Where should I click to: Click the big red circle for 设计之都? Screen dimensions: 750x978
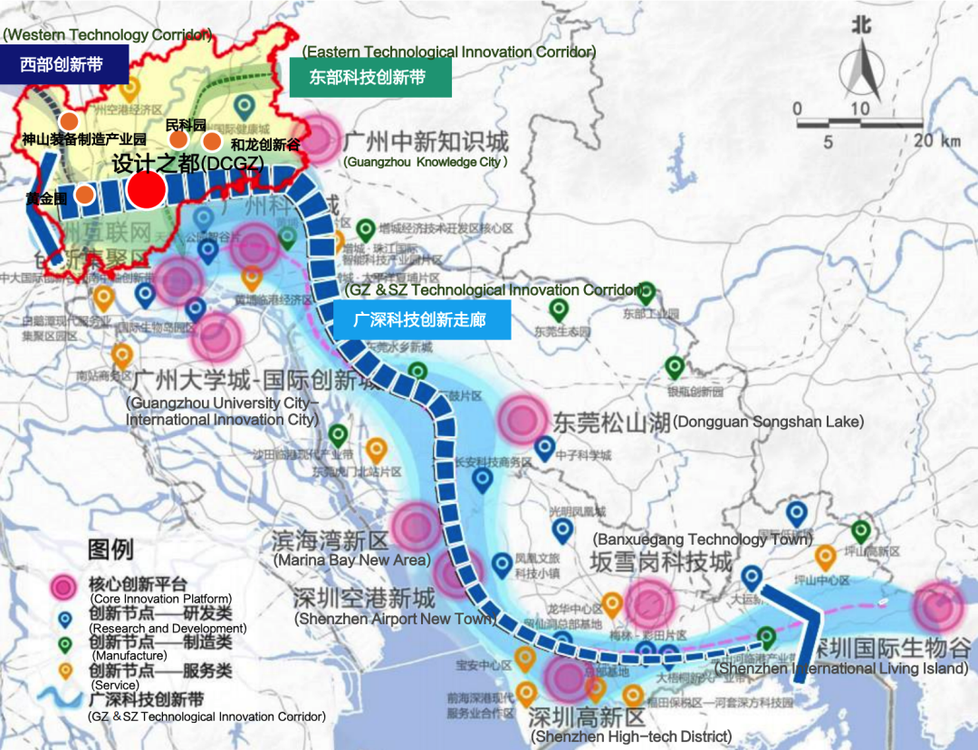[x=147, y=190]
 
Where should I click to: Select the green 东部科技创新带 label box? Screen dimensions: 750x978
[x=369, y=78]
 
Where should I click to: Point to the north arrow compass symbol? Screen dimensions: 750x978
[x=860, y=68]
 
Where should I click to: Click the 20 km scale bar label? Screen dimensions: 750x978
[x=936, y=141]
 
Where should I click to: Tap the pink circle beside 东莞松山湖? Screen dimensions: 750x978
[x=523, y=419]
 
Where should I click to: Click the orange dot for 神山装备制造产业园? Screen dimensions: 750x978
[x=68, y=121]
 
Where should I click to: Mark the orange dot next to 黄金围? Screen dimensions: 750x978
[x=84, y=195]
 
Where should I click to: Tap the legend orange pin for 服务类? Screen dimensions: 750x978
[x=65, y=670]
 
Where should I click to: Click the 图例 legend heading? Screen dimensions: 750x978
[x=110, y=548]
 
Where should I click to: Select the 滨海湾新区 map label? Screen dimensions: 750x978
[x=330, y=541]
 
